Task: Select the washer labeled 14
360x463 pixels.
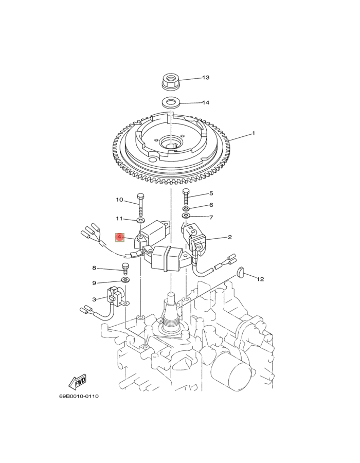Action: [x=171, y=103]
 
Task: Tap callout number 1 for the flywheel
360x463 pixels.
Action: [x=253, y=133]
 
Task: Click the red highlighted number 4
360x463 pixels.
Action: [x=119, y=237]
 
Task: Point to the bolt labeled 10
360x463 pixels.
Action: [x=141, y=204]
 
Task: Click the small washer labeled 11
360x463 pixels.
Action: [x=141, y=221]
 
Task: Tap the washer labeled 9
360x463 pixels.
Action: [x=125, y=279]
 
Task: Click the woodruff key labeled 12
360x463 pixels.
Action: [x=241, y=272]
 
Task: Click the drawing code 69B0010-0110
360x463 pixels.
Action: [x=79, y=396]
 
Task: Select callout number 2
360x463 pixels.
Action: [x=229, y=237]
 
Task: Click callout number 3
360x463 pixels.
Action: [x=94, y=299]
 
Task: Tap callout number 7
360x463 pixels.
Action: [x=211, y=218]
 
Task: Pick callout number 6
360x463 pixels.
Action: [x=211, y=205]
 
